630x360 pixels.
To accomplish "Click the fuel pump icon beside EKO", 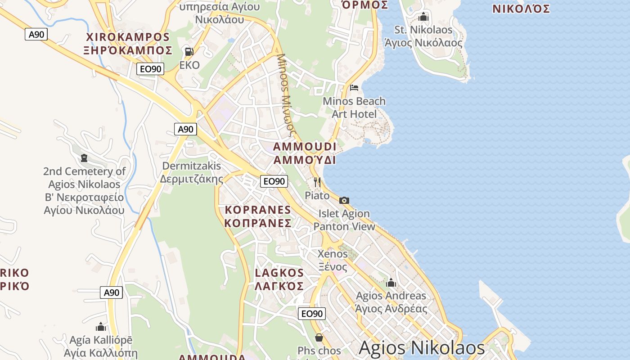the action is click(x=189, y=51).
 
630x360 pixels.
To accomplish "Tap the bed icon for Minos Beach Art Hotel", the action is click(x=354, y=87).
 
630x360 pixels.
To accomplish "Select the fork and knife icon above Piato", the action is click(x=317, y=182).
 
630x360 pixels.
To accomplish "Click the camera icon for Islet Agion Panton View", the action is click(x=344, y=200).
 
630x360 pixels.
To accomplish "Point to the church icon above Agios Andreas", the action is click(x=391, y=283).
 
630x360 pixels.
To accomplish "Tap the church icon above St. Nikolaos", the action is click(x=423, y=17).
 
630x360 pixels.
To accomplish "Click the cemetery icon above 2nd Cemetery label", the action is click(x=84, y=157).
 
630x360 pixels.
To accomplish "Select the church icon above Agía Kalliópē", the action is click(x=101, y=326).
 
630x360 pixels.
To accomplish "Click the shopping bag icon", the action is click(x=319, y=337).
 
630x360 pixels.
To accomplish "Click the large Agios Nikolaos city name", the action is click(x=422, y=348).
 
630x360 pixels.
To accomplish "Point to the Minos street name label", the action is click(x=285, y=94).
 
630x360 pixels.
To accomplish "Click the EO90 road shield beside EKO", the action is click(x=150, y=69).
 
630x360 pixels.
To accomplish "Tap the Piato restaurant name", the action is click(x=317, y=195).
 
